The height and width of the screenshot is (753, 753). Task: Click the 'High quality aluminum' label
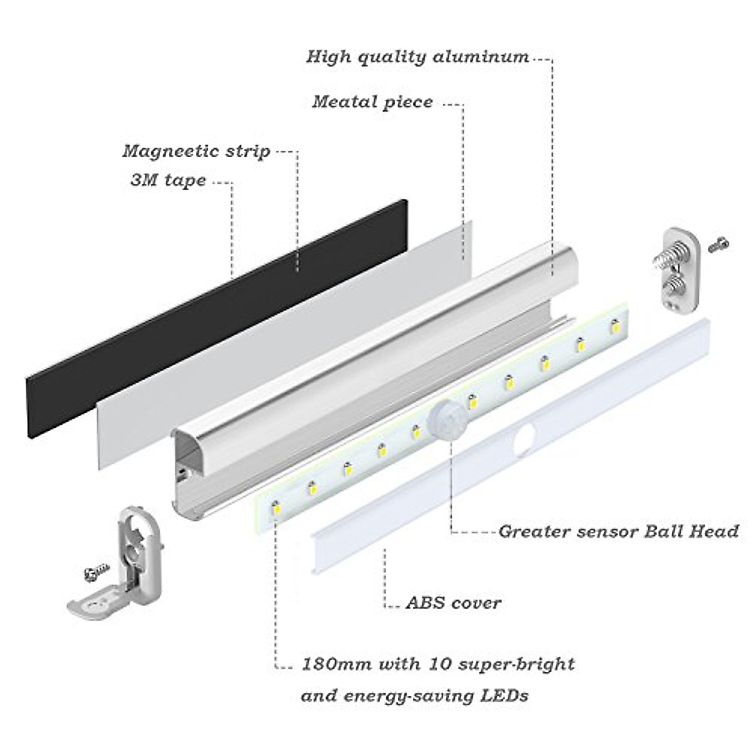point(417,57)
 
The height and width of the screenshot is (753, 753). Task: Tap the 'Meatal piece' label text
point(372,102)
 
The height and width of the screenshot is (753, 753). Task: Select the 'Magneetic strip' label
point(196,151)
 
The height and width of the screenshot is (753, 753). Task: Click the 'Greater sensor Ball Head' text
point(618,531)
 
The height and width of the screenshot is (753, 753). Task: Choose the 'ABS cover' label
point(453,604)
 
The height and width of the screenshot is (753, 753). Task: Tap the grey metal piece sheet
point(282,339)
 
